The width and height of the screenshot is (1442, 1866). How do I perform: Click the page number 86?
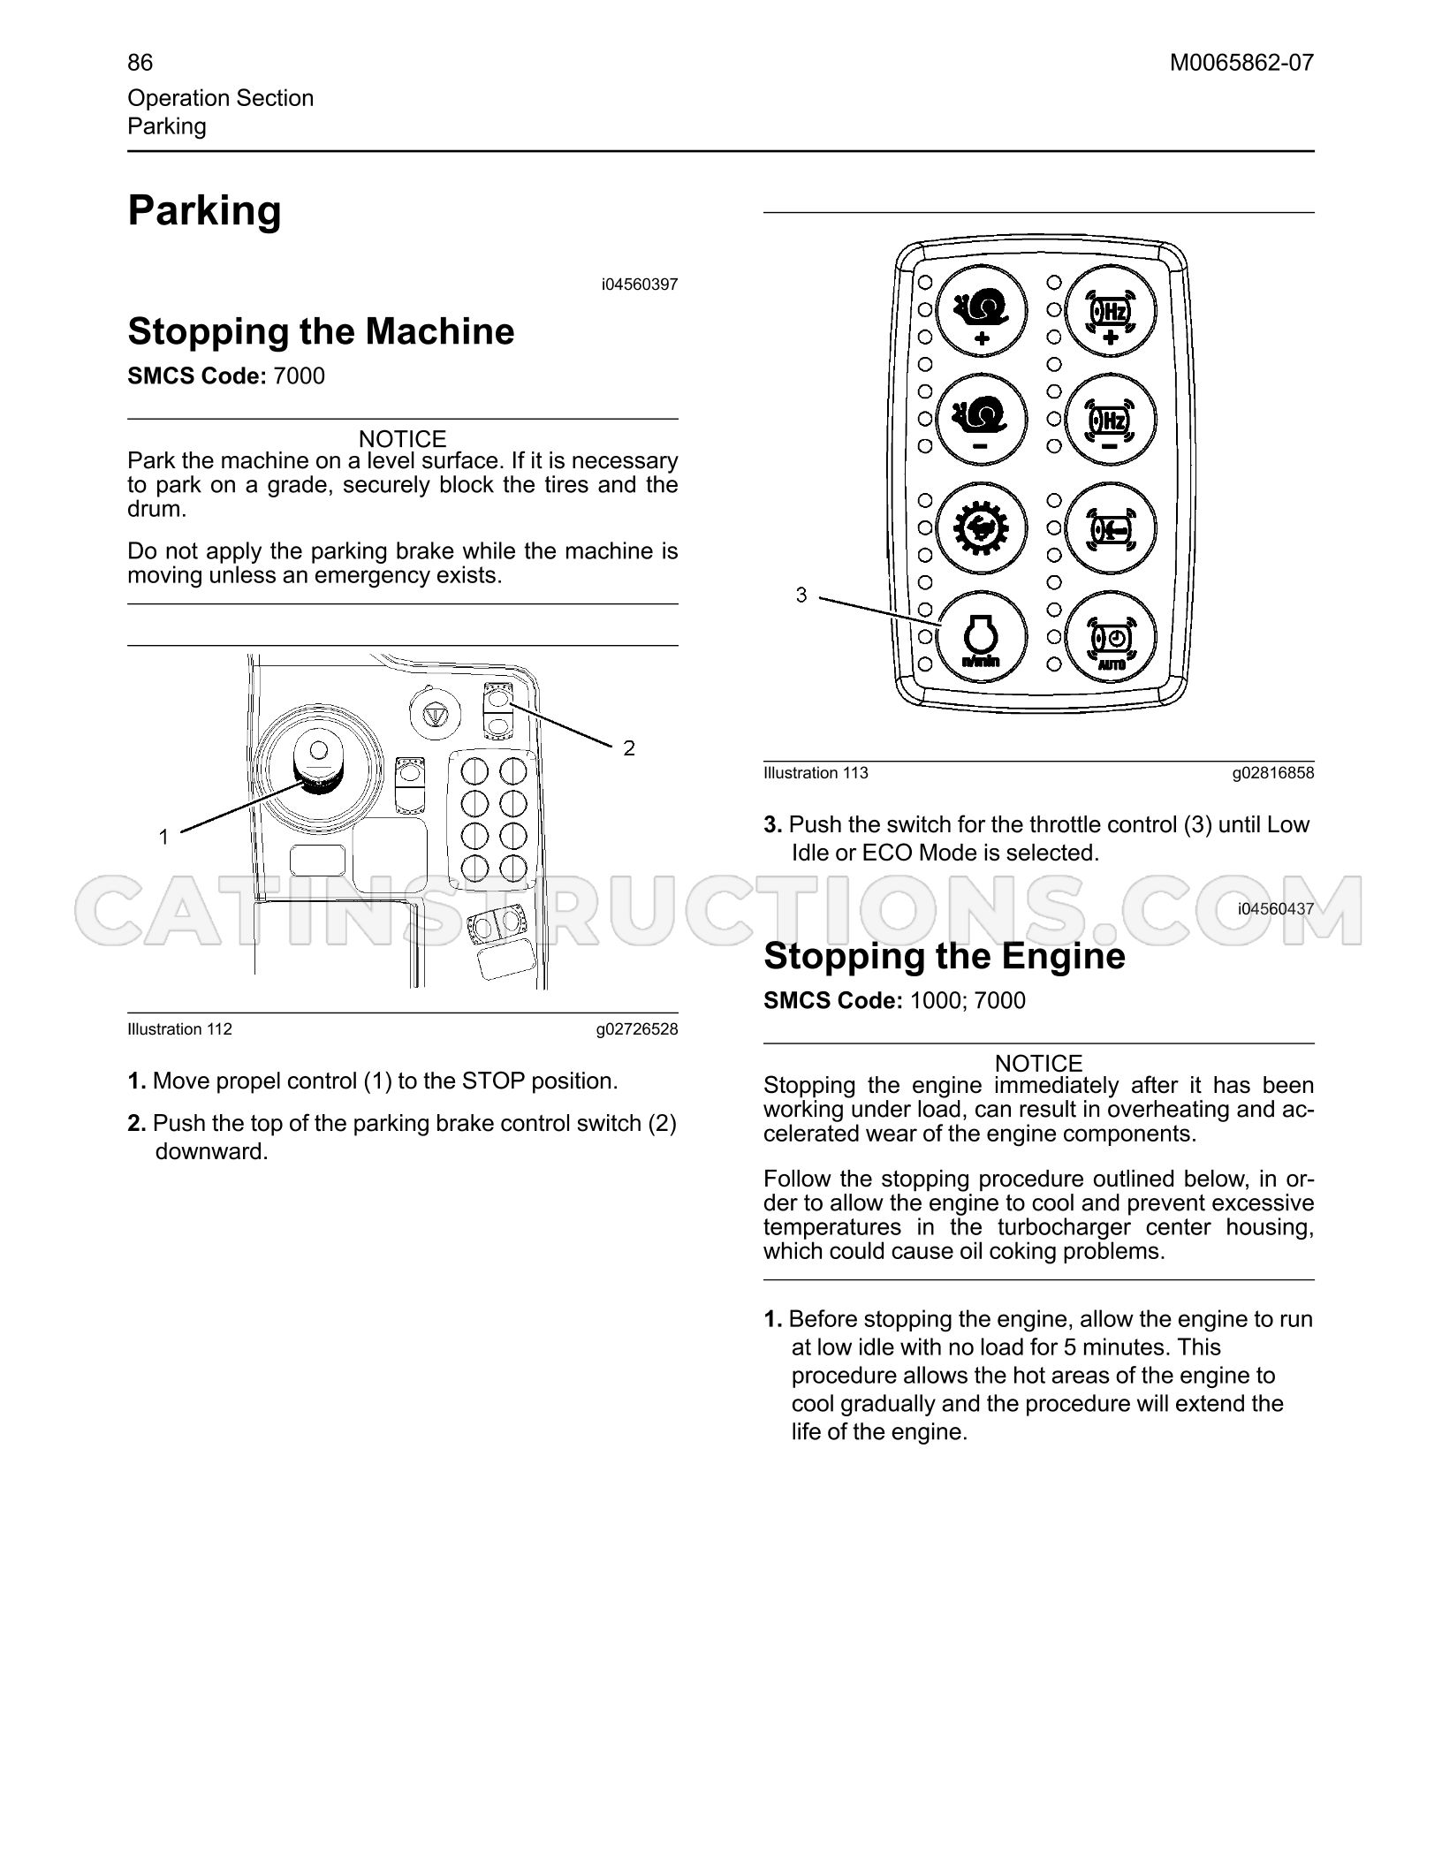click(140, 63)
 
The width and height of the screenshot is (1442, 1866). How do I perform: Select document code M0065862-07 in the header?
click(1241, 63)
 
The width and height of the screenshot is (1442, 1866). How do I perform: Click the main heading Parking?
click(204, 212)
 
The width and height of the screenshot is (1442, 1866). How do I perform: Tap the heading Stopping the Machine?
click(321, 331)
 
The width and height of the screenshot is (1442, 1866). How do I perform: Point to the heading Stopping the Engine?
click(944, 956)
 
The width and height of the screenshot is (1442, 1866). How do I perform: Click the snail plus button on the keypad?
click(981, 310)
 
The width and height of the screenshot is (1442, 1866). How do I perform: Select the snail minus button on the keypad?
click(981, 419)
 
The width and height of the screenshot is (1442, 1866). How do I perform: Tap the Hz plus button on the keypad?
click(1111, 310)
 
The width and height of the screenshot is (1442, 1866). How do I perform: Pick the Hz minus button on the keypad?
click(1111, 419)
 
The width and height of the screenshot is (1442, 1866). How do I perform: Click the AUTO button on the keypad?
click(1111, 636)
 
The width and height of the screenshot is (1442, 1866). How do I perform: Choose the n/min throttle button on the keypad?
click(981, 636)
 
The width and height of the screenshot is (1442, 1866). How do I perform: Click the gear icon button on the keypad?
click(981, 528)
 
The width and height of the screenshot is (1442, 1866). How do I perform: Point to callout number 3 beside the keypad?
click(801, 595)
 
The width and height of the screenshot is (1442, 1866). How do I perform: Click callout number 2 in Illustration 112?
click(629, 748)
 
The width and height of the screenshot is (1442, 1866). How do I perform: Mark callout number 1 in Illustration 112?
click(163, 837)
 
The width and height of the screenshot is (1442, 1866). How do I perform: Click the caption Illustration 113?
click(816, 773)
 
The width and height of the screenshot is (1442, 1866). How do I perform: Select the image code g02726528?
click(637, 1029)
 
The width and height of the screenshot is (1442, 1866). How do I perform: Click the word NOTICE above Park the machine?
click(402, 439)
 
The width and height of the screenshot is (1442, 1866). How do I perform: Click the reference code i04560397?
click(640, 284)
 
